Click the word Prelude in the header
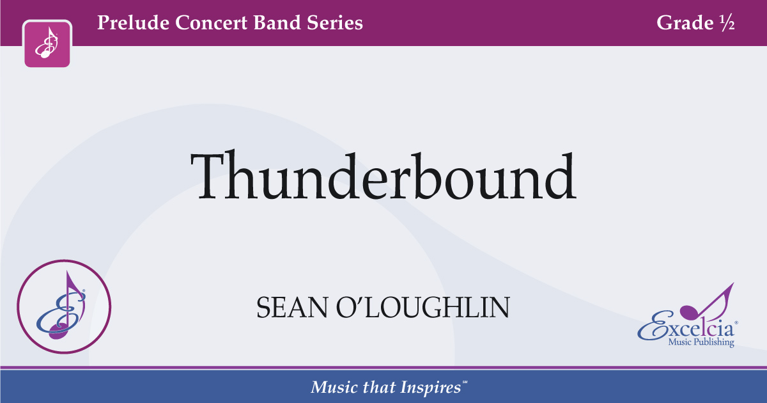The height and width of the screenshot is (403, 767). (130, 24)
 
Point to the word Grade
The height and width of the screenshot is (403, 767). (683, 24)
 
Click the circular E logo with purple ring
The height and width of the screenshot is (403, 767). (64, 307)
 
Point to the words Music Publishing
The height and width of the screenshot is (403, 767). (701, 344)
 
